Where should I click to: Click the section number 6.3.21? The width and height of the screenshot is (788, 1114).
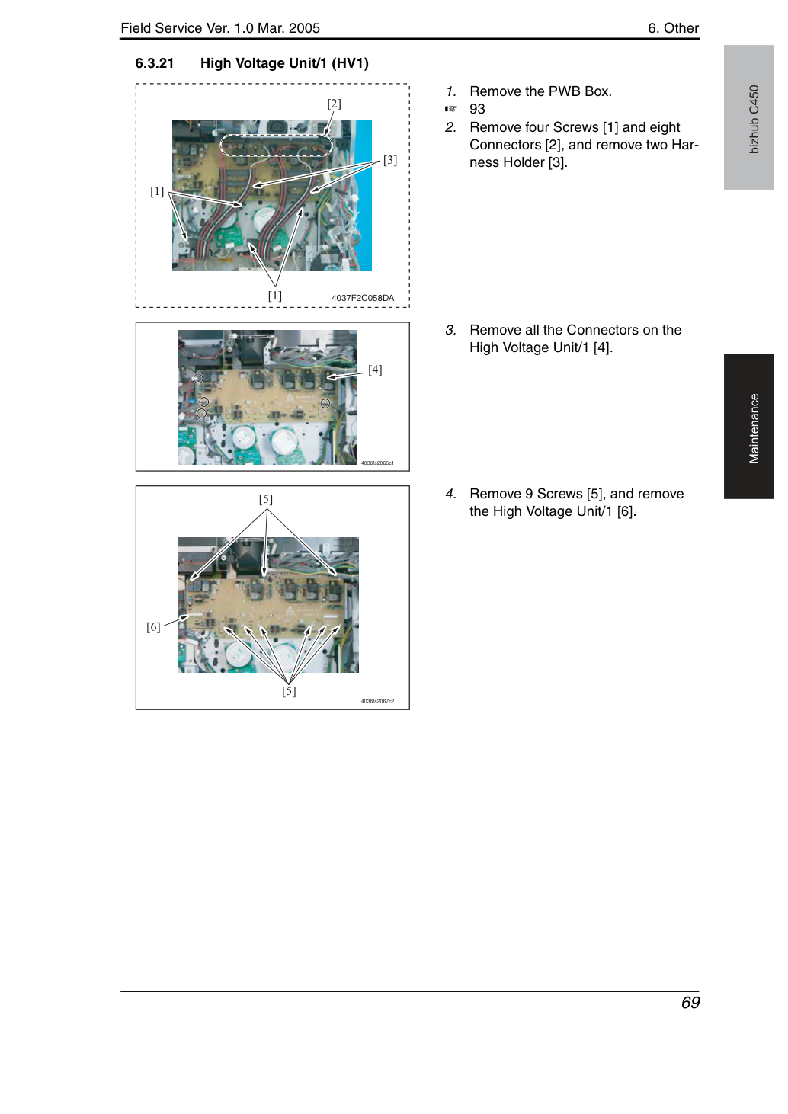pos(155,64)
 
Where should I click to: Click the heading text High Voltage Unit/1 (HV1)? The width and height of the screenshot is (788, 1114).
pos(284,64)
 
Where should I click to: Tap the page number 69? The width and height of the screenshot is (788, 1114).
pos(690,1002)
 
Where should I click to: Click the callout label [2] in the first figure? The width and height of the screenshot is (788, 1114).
pos(334,104)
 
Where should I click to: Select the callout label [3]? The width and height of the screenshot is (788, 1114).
pos(390,160)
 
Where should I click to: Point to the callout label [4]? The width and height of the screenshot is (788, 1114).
pos(375,370)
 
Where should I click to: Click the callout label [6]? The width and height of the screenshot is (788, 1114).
pos(153,626)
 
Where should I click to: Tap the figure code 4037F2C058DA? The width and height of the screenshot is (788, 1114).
pos(363,298)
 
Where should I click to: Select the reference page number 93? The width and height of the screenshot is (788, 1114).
pos(477,109)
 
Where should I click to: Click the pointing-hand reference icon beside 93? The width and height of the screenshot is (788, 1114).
pos(450,109)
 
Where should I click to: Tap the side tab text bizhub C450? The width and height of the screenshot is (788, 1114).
pos(754,120)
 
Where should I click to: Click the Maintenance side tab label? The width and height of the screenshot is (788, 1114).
pos(754,429)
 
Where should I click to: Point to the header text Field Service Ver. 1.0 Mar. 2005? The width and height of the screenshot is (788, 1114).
pos(220,28)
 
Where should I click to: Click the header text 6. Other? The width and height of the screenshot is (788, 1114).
pos(673,28)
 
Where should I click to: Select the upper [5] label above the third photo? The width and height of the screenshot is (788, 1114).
pos(266,499)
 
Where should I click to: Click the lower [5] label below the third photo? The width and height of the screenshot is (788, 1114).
pos(289,691)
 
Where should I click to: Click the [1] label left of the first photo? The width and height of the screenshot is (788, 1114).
pos(157,191)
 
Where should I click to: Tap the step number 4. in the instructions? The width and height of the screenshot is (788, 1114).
pos(450,494)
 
